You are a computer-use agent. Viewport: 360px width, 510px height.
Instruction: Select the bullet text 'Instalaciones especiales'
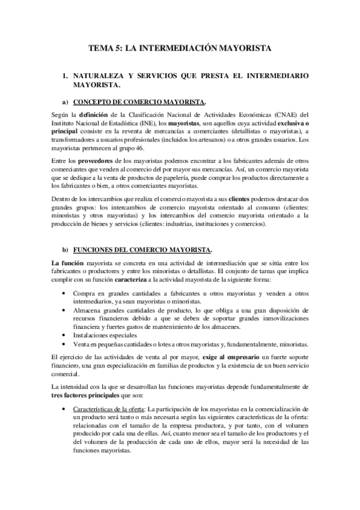point(106,335)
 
